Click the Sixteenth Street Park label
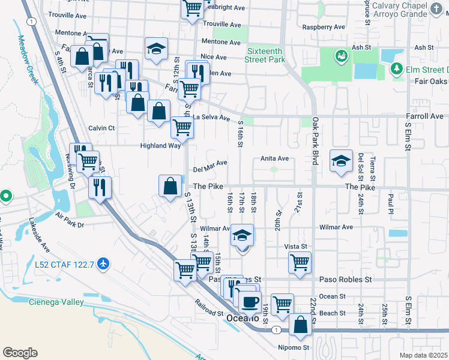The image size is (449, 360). (265, 56)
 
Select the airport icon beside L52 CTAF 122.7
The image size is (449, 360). (104, 263)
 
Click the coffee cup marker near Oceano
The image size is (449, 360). (250, 301)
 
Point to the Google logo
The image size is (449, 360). (20, 352)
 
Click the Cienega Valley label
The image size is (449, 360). (56, 302)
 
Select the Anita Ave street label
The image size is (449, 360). (274, 158)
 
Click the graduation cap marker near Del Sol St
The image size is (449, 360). (341, 161)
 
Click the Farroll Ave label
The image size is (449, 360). (427, 116)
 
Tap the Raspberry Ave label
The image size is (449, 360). (324, 27)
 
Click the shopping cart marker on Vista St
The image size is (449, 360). (299, 262)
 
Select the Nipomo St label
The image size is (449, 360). (292, 347)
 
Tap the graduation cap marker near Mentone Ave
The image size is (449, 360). (155, 50)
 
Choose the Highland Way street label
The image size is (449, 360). (160, 145)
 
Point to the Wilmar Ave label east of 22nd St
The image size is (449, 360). (337, 227)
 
